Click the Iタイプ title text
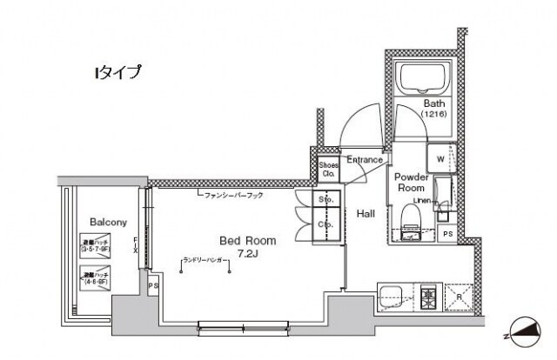click(x=117, y=73)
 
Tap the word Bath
click(x=435, y=102)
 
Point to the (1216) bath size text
click(x=435, y=114)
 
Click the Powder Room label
click(x=411, y=182)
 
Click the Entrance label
click(x=365, y=160)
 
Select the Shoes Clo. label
click(x=328, y=169)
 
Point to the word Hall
click(x=366, y=213)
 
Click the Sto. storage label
click(x=304, y=200)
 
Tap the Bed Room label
click(x=247, y=241)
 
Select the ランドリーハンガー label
click(x=206, y=260)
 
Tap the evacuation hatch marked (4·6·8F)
click(x=95, y=280)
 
